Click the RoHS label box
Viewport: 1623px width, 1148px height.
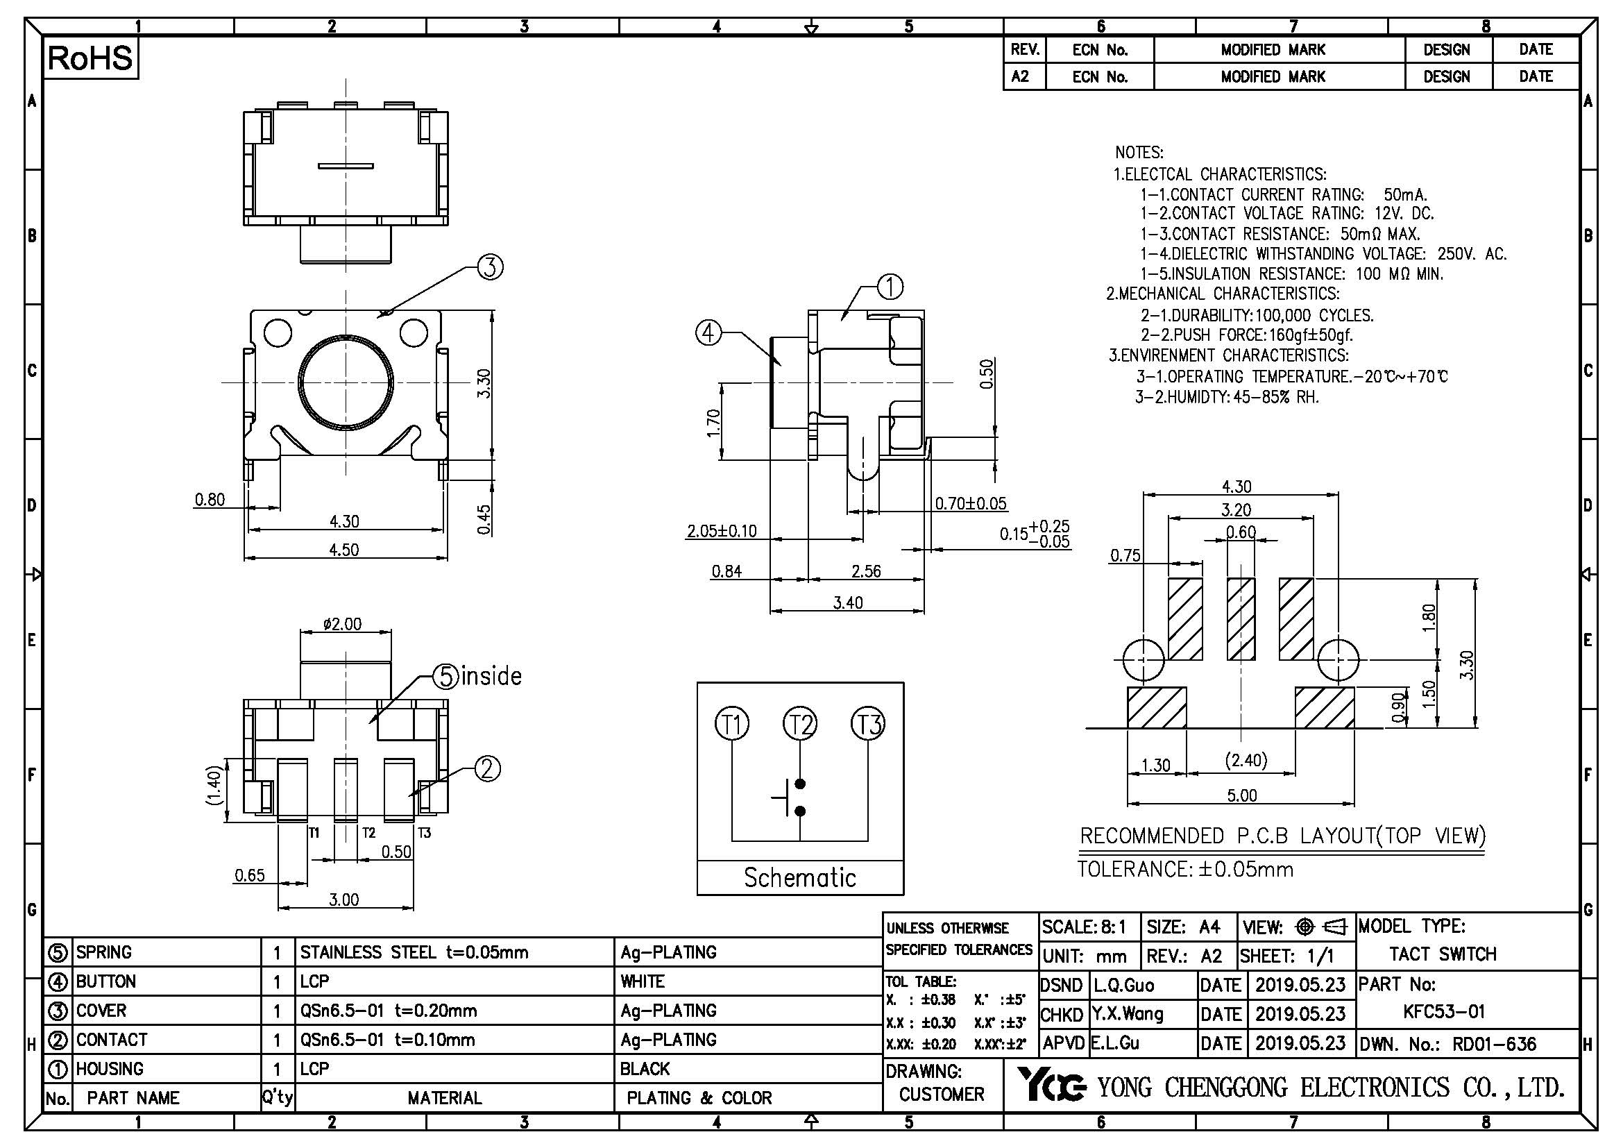(x=90, y=59)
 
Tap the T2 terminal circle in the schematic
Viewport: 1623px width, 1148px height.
(x=799, y=725)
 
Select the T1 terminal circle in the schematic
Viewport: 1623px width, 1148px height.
(x=732, y=725)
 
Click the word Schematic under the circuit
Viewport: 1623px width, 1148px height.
(x=799, y=878)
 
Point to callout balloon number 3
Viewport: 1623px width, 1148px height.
(x=491, y=267)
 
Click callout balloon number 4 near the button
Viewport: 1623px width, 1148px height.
(x=709, y=333)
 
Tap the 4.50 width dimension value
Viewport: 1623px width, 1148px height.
(x=343, y=550)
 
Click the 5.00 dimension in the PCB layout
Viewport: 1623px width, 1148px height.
(x=1241, y=796)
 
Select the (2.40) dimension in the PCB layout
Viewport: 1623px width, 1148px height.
(x=1246, y=761)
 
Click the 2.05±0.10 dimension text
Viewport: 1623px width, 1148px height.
(x=722, y=531)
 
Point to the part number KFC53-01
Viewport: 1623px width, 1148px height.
(x=1444, y=1011)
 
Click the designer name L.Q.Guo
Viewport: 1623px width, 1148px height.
(x=1124, y=986)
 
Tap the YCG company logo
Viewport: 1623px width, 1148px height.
(x=1051, y=1086)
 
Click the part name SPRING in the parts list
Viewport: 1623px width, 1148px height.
(x=104, y=952)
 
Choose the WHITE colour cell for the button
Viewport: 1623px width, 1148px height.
(x=643, y=981)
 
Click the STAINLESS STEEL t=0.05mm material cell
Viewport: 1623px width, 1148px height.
(x=414, y=952)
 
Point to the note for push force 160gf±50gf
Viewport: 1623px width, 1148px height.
(x=1247, y=335)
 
